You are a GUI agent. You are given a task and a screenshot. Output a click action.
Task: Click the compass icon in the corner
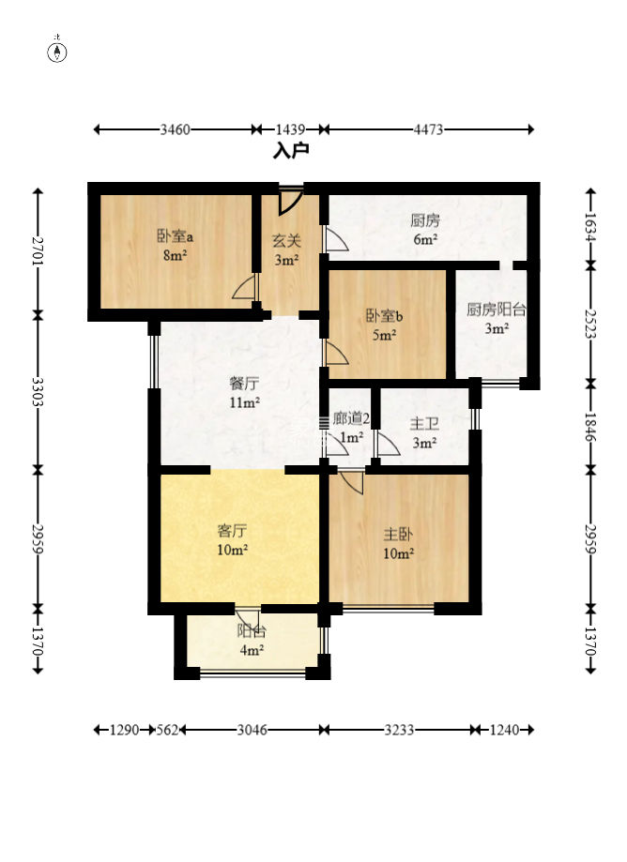click(58, 53)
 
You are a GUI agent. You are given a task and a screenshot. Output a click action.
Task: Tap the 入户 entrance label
click(292, 150)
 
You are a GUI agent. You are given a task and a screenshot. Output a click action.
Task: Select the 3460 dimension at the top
click(175, 129)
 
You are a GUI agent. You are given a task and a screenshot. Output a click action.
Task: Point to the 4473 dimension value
click(428, 129)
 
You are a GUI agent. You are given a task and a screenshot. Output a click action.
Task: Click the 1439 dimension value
click(290, 129)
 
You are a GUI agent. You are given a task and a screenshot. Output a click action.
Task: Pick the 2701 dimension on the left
click(38, 250)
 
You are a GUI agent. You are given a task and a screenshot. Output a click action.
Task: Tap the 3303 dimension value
click(38, 392)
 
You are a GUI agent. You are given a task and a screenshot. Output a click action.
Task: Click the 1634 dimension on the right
click(590, 226)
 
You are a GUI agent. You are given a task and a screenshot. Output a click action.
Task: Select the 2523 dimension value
click(590, 324)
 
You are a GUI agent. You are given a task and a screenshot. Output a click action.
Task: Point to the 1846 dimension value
click(590, 427)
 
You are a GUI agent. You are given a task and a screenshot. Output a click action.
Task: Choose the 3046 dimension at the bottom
click(252, 730)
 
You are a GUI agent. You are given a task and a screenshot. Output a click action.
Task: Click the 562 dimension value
click(167, 730)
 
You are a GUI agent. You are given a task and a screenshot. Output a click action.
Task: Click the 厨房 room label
click(425, 220)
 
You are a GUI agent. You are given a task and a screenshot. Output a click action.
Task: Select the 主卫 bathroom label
click(424, 424)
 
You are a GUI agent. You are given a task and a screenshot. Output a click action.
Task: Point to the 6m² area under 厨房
click(426, 240)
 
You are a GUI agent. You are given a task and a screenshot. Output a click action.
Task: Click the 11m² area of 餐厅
click(245, 402)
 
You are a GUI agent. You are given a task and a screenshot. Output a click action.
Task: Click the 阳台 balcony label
click(252, 631)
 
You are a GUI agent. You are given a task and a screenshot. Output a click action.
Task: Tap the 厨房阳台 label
click(497, 310)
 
